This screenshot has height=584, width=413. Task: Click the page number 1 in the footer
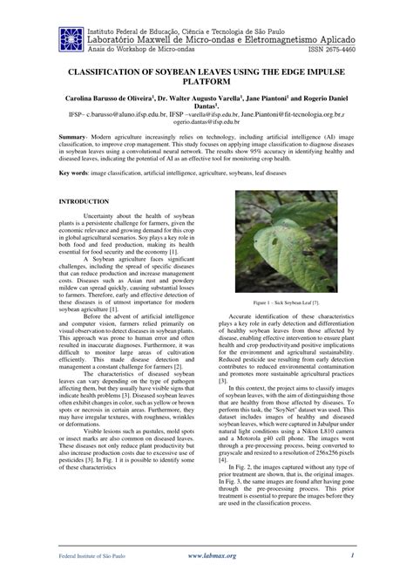point(351,554)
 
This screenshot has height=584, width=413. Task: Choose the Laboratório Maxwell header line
point(208,39)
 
